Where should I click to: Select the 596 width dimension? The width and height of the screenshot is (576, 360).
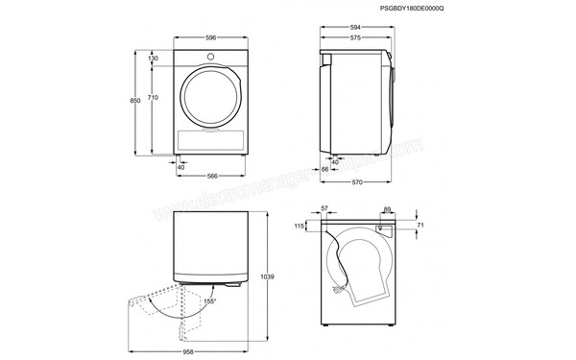pyautogui.click(x=209, y=39)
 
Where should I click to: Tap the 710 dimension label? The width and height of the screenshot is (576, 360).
pyautogui.click(x=153, y=99)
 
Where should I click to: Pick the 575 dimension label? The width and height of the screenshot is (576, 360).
pyautogui.click(x=354, y=39)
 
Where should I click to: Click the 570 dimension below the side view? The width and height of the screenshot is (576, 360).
pyautogui.click(x=356, y=183)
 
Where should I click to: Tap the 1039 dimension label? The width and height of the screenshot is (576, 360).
pyautogui.click(x=267, y=277)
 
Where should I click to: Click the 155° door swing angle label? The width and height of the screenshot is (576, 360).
pyautogui.click(x=209, y=301)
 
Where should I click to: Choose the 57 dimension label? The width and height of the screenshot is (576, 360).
pyautogui.click(x=324, y=208)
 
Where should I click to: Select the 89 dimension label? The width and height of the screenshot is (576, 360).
pyautogui.click(x=386, y=208)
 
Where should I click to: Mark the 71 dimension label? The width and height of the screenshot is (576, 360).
pyautogui.click(x=420, y=226)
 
